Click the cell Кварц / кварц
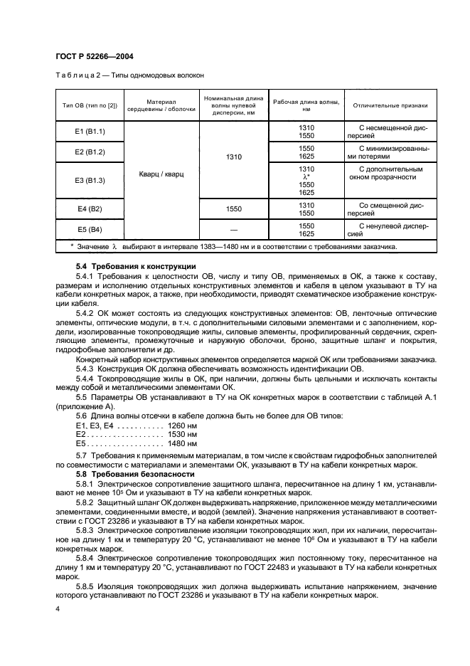(x=161, y=174)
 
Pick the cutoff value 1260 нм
(x=181, y=425)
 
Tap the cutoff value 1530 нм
(x=181, y=433)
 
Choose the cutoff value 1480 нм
(x=181, y=443)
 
